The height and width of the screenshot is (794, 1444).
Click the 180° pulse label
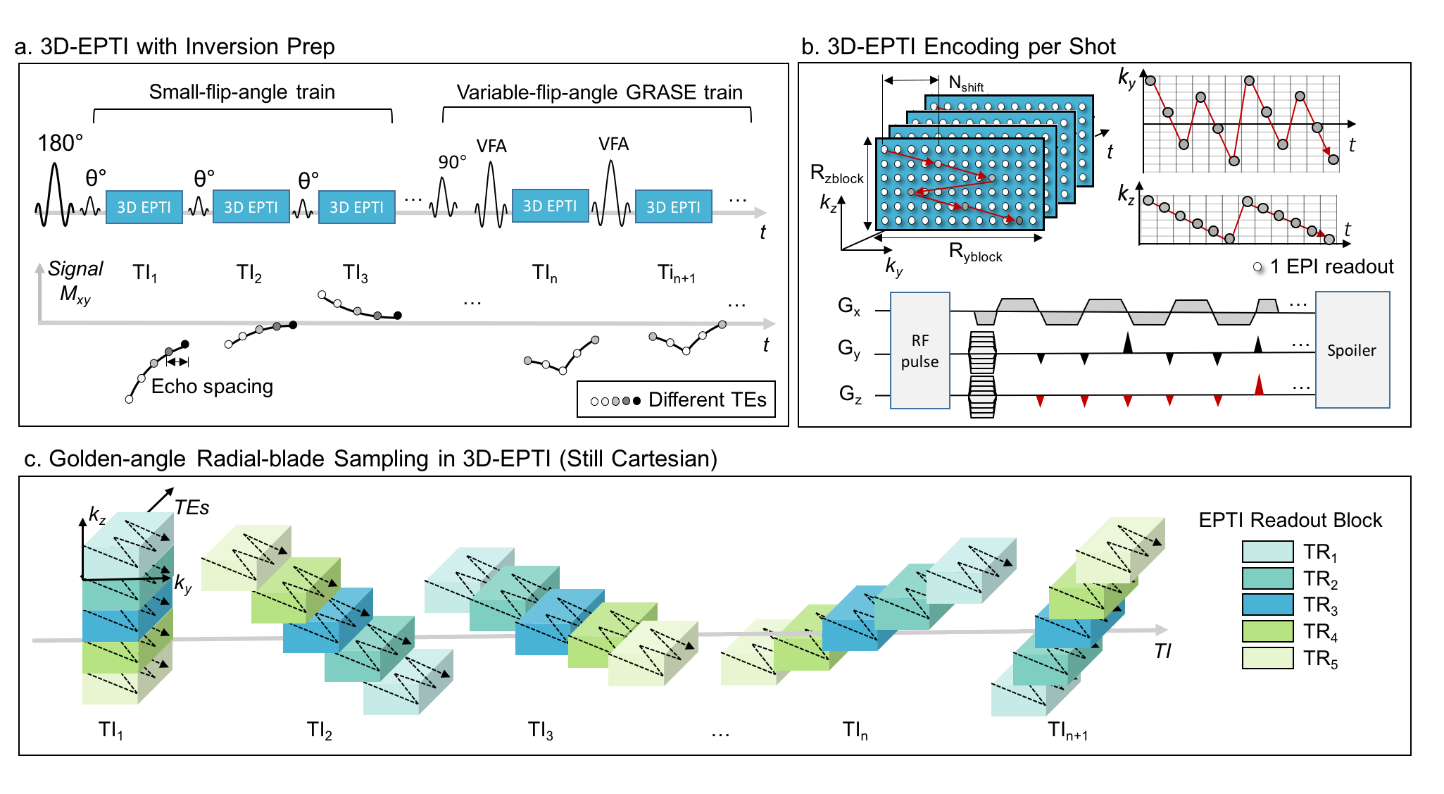click(x=60, y=144)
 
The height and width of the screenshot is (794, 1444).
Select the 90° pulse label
click(x=452, y=162)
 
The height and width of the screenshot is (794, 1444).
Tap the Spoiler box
click(x=1352, y=350)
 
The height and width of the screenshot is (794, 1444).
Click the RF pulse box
click(x=919, y=351)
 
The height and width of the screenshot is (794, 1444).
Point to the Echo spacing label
click(x=212, y=386)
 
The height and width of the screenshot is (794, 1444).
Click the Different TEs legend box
click(x=676, y=399)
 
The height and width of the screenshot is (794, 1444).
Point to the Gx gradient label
click(x=849, y=306)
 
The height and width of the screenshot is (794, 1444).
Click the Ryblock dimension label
click(x=975, y=252)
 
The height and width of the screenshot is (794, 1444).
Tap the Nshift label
click(x=965, y=84)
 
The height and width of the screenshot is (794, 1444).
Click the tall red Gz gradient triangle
click(x=1259, y=385)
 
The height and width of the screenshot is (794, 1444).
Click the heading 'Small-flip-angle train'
click(x=241, y=92)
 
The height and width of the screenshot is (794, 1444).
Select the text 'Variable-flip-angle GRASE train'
click(x=599, y=92)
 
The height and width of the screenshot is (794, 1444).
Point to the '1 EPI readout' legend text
click(x=1331, y=267)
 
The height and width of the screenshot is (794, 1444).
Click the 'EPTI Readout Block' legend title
click(x=1290, y=520)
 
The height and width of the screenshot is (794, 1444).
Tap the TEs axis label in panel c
click(x=192, y=507)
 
